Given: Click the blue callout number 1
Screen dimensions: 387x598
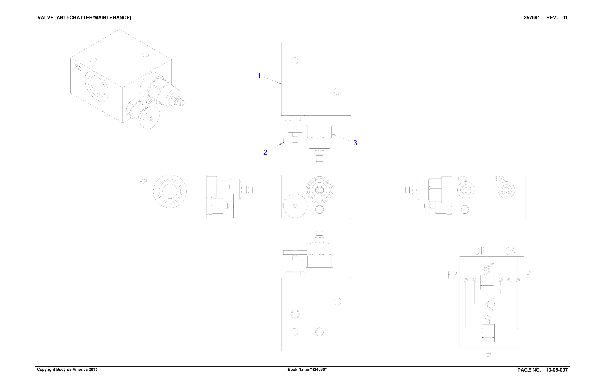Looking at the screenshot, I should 259,76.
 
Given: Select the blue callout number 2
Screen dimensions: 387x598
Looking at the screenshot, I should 265,153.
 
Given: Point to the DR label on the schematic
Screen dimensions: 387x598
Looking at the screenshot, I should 480,251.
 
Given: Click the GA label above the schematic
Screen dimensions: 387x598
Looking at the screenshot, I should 510,251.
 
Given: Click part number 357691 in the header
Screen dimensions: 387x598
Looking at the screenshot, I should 532,18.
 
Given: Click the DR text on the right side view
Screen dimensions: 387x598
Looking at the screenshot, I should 462,179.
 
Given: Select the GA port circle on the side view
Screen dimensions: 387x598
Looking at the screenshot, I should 506,190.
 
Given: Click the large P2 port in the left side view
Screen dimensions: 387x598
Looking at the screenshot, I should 170,191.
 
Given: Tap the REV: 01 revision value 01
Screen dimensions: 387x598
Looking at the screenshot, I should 565,18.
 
